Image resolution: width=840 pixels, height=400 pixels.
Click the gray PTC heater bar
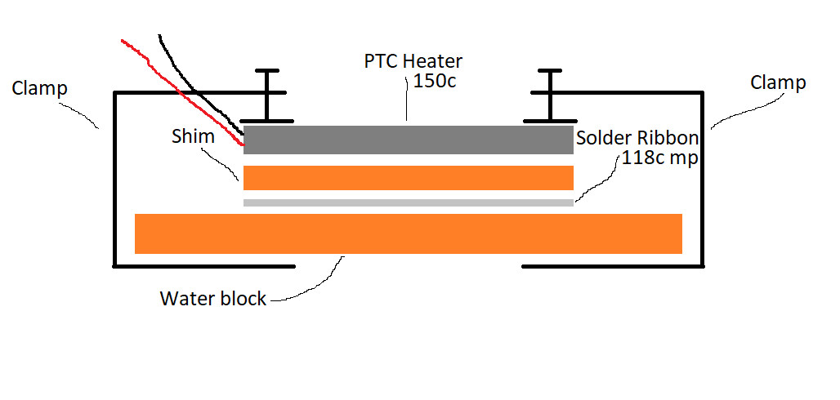[409, 140]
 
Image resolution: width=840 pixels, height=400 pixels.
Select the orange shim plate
[409, 177]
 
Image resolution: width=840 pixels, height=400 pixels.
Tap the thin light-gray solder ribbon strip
[409, 202]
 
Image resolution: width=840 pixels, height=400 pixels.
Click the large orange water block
[409, 233]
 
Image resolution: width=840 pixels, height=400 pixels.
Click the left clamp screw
[266, 96]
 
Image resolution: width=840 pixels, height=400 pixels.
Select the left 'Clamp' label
[40, 87]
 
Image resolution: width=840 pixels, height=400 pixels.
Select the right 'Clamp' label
[778, 82]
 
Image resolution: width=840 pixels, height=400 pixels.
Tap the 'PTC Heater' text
[413, 61]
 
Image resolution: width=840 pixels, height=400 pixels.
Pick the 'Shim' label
[193, 136]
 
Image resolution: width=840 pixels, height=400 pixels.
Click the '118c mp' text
[660, 158]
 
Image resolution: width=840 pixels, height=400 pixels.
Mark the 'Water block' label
[213, 299]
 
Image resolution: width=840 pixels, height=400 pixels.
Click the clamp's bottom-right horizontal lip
[613, 266]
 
